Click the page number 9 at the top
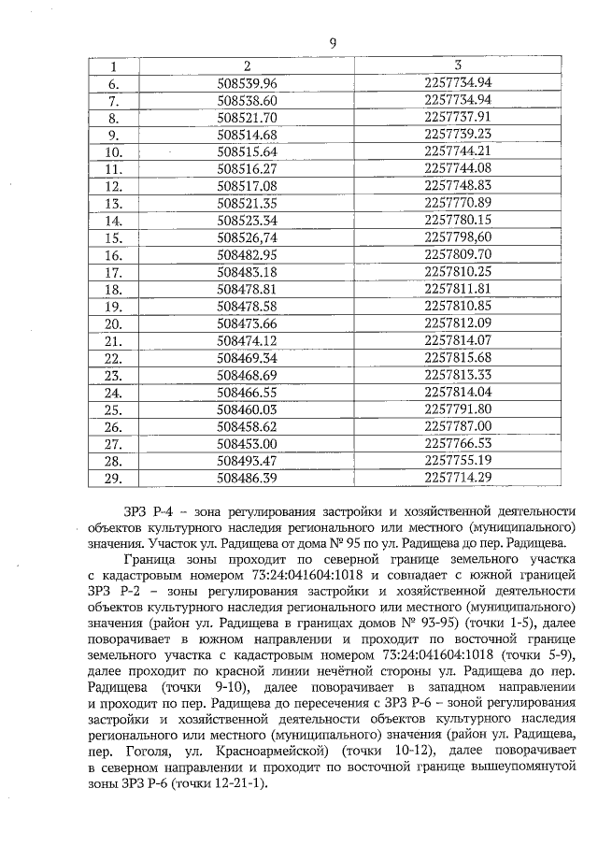pos(334,42)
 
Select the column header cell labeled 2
pos(247,65)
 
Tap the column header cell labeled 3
pos(457,65)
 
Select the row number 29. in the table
pos(113,478)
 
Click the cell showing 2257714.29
pos(457,478)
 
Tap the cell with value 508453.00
pos(247,443)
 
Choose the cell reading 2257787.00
pos(457,426)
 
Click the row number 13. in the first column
pos(113,203)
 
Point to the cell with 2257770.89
pos(457,203)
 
